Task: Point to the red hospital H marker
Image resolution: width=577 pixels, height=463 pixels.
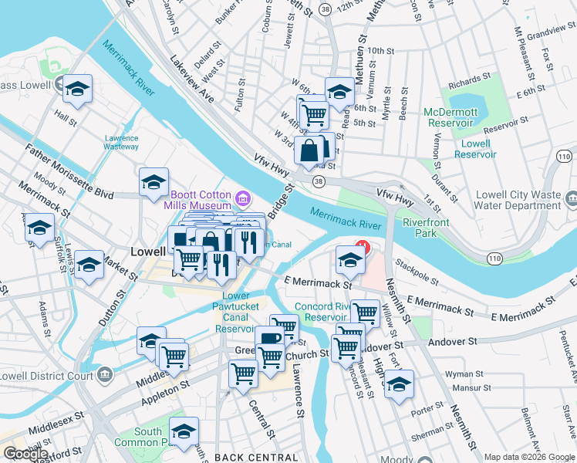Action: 360,248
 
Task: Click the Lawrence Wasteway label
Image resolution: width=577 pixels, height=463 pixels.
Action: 121,142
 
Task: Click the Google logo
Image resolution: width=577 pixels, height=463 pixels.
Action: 25,453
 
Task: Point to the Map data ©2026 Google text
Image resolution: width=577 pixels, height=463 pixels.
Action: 528,457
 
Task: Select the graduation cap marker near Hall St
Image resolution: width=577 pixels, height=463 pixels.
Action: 78,90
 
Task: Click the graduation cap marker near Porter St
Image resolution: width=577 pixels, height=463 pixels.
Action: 399,384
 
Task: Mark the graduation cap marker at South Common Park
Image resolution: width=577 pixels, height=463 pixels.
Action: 184,431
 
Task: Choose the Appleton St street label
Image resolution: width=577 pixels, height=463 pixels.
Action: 164,390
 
